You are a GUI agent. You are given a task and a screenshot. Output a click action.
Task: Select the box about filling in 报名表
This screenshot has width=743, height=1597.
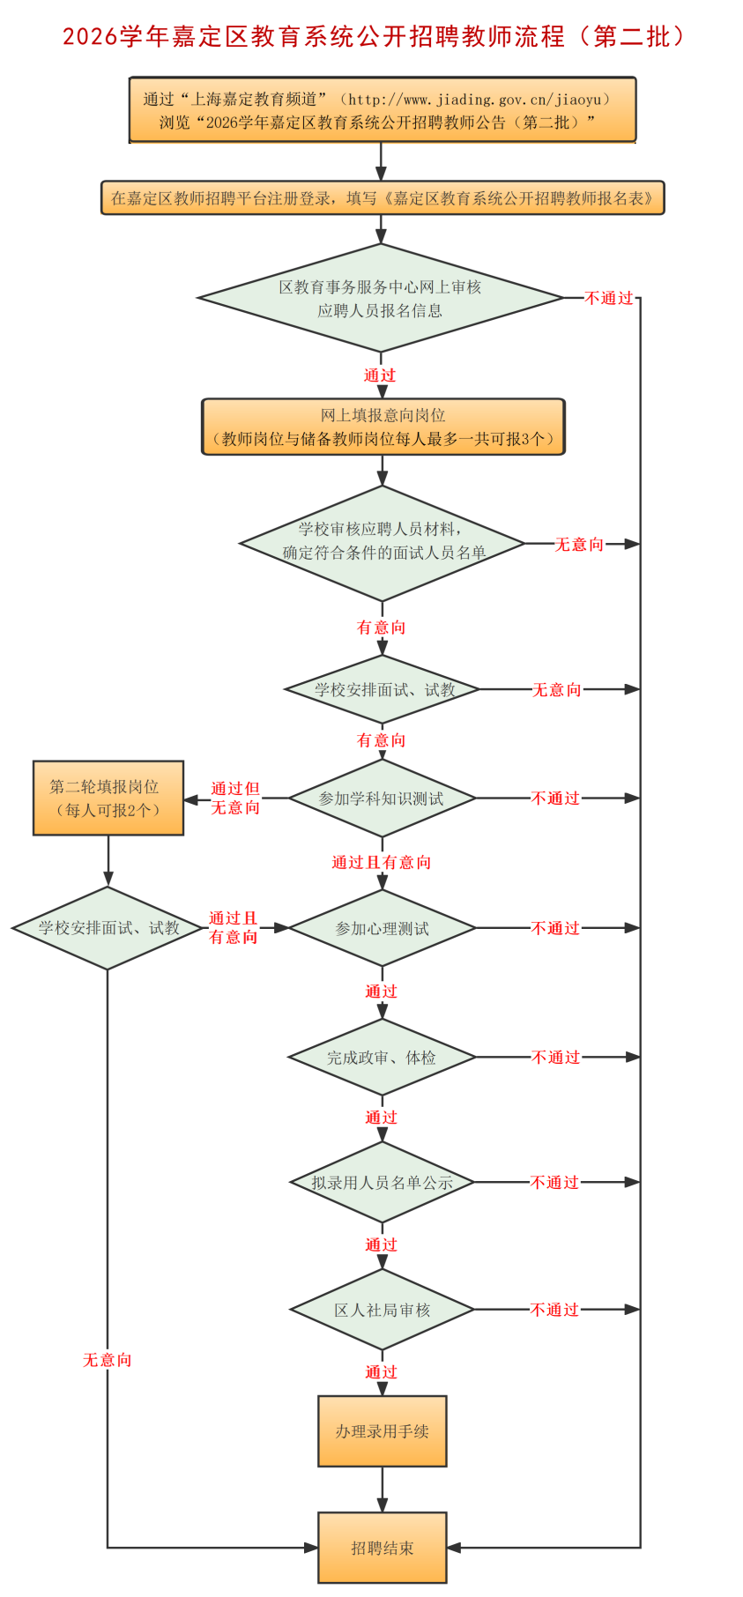point(382,198)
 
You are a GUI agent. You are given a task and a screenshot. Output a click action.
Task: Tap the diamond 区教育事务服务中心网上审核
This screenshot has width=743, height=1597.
point(380,298)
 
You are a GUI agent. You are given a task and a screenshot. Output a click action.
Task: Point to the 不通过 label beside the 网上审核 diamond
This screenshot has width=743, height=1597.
point(609,299)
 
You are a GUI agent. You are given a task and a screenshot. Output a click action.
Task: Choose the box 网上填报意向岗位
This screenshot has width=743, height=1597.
point(383,427)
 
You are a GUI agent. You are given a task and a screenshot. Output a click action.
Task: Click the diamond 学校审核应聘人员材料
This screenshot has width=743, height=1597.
point(383,543)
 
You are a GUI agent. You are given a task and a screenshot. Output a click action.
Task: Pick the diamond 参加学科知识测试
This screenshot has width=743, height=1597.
point(382,798)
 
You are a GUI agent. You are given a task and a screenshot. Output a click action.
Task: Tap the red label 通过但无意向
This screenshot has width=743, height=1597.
point(235,798)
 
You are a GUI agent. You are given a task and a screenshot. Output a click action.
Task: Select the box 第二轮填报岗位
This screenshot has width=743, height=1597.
point(108,798)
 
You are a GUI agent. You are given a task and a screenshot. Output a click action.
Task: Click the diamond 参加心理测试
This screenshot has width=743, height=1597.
point(382,928)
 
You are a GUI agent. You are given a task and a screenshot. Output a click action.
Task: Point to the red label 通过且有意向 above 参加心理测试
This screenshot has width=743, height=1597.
point(382,862)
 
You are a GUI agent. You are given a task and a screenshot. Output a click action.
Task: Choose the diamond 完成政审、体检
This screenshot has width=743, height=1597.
point(382,1057)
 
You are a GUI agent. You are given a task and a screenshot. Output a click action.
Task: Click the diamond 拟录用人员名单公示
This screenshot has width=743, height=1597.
point(382,1183)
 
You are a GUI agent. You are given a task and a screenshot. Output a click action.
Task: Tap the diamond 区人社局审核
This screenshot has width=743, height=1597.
point(382,1310)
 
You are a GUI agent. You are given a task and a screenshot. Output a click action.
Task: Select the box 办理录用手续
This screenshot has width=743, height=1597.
point(382,1431)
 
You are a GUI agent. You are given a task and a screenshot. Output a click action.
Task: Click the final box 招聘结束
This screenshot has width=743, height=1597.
point(382,1548)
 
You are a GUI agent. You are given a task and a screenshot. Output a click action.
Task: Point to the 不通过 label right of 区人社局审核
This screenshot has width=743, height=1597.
point(554,1310)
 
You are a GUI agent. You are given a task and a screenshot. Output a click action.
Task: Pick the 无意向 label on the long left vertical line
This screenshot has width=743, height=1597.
point(108,1360)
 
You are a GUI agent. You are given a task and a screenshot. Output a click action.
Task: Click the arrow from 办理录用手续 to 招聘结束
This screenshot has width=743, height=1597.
point(382,1490)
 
